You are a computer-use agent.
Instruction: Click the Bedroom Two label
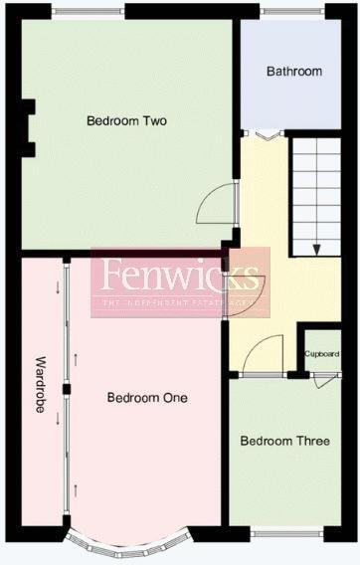point(126,121)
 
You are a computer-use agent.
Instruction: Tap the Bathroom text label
point(294,72)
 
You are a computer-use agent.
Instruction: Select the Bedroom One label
point(147,398)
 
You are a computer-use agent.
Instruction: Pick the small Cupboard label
point(322,354)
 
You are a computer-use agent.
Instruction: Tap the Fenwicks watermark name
point(179,275)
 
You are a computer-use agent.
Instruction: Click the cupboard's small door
point(321,380)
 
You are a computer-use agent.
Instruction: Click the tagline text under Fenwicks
point(179,302)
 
